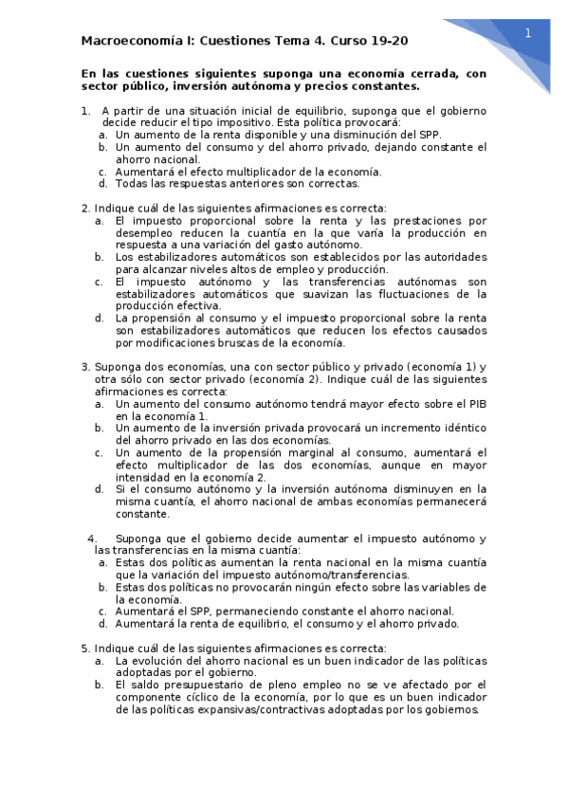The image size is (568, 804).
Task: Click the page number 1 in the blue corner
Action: (528, 32)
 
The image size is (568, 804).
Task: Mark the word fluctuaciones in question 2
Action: (370, 294)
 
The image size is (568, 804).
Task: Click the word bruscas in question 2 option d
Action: (254, 342)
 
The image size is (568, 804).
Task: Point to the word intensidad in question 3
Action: (148, 477)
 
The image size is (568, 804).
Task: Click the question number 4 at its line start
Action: (92, 538)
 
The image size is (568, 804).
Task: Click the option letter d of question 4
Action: (103, 624)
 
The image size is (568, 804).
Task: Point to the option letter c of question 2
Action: (100, 282)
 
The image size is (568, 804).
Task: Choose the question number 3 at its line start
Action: (85, 367)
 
